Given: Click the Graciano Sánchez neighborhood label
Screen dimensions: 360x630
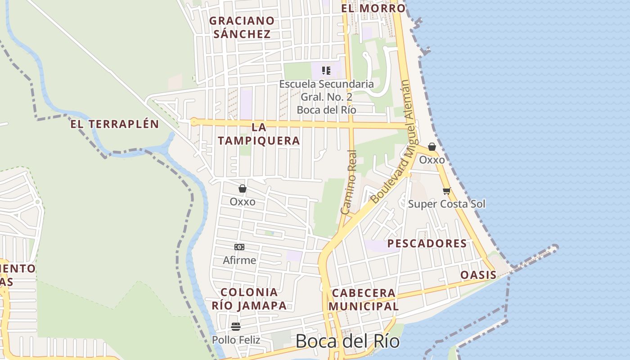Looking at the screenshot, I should point(242,27).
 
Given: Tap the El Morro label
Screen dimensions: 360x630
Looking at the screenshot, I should point(373,8).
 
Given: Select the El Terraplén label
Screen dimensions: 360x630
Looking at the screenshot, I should point(115,124).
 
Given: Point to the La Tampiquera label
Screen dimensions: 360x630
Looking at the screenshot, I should point(259,134).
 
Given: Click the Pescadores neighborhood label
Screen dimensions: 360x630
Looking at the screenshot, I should point(427,243).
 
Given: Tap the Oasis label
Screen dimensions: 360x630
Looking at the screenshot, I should point(478,275).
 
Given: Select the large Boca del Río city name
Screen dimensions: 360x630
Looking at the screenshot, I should point(347,341).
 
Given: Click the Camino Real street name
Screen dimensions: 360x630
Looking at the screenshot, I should point(349,182).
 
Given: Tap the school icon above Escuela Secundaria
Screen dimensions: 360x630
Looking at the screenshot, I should point(326,71).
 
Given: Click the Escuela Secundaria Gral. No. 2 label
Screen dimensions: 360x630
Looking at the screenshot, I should point(326,97).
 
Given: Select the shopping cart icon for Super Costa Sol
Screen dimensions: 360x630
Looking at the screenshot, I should point(446,191).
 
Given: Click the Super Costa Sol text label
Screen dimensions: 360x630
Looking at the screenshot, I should point(446,204).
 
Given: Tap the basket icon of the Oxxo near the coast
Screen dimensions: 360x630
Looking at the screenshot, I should point(432,147).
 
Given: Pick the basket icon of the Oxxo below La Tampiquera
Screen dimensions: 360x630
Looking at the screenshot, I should point(243,189).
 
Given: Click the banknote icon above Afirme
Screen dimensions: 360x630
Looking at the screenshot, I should point(239,247).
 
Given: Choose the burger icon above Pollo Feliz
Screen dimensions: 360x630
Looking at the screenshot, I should point(236,327).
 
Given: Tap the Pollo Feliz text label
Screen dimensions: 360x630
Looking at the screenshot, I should point(236,340).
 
